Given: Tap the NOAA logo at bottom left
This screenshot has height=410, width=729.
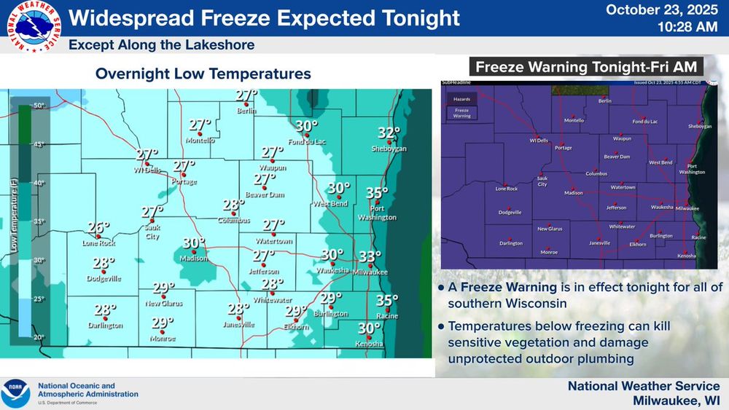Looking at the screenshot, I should point(16,393).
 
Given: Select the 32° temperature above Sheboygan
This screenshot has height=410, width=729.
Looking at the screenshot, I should point(389,133).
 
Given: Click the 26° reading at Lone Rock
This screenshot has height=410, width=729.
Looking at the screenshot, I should point(98,227).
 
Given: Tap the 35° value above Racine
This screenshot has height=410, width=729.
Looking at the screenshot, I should point(387,300).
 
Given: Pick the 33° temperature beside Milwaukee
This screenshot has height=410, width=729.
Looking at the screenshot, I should point(370,256).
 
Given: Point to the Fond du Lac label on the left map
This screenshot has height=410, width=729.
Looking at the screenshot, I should point(305,141).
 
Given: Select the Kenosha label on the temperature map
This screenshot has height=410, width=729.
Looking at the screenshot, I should point(369,344).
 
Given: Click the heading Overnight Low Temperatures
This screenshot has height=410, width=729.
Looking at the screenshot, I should point(203,74).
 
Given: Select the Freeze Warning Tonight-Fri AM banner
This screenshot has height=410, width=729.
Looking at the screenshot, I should point(588,68).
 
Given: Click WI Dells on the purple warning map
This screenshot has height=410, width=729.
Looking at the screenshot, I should point(538,140).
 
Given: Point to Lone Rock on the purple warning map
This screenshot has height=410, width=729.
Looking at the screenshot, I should point(506,189).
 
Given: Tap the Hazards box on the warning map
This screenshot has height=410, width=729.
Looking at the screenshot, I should point(461,98).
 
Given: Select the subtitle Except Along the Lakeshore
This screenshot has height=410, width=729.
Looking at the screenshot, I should point(162,45).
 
